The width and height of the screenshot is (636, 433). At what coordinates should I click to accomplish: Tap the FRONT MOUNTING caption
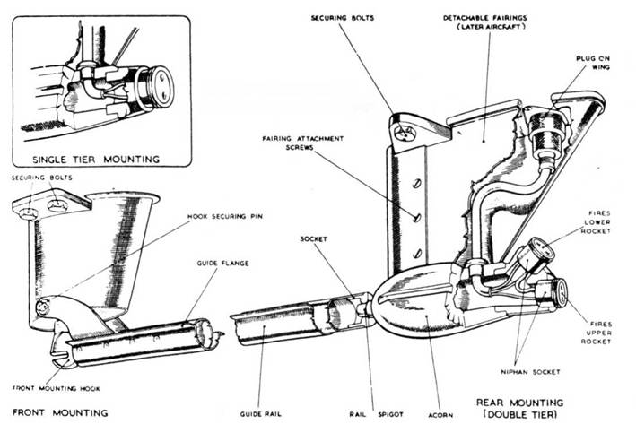tap(60, 412)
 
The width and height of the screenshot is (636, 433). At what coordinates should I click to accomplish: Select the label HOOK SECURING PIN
tap(230, 218)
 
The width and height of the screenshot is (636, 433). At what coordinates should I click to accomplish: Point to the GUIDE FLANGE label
tap(222, 263)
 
